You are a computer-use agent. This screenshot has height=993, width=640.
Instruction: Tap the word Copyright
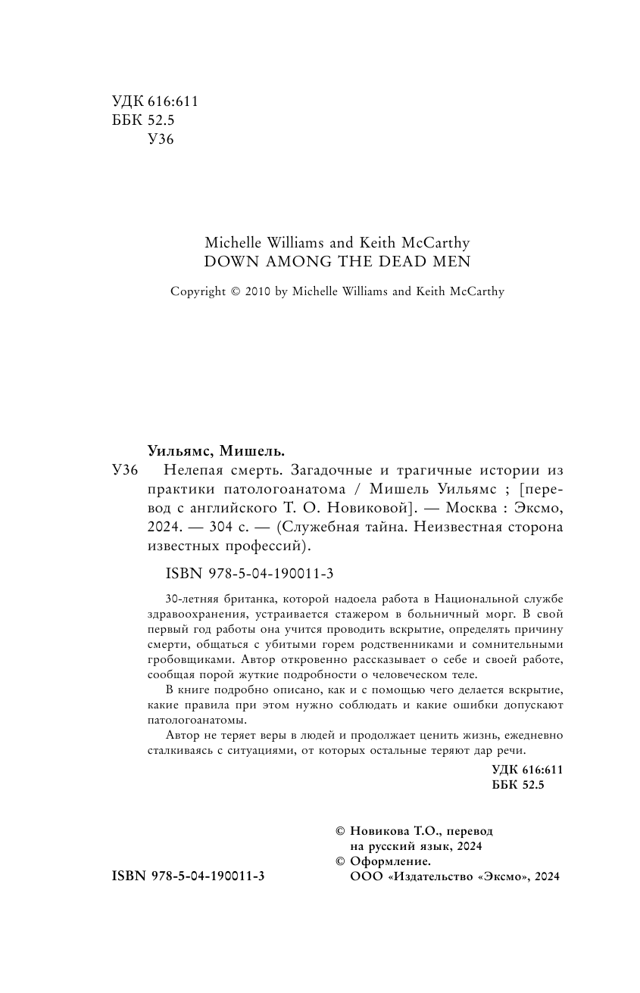tap(198, 291)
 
